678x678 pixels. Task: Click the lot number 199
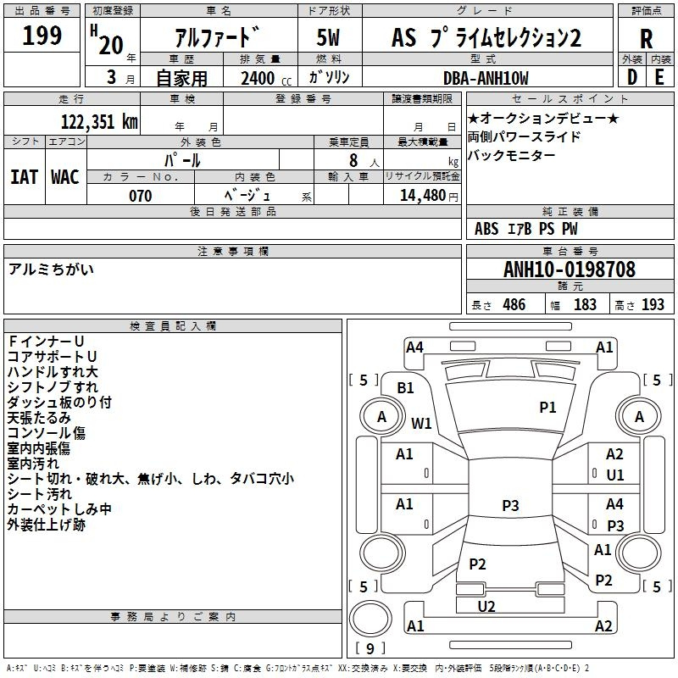pyautogui.click(x=42, y=35)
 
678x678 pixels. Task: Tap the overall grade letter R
pyautogui.click(x=646, y=39)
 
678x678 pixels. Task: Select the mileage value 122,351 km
pyautogui.click(x=99, y=121)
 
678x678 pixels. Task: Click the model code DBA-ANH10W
pyautogui.click(x=486, y=78)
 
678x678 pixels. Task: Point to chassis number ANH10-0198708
pyautogui.click(x=570, y=270)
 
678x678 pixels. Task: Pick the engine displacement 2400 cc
pyautogui.click(x=266, y=78)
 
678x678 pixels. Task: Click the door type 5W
pyautogui.click(x=328, y=37)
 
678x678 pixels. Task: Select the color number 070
pyautogui.click(x=140, y=196)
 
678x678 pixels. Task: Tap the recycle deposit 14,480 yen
pyautogui.click(x=429, y=196)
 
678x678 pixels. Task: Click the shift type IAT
pyautogui.click(x=24, y=177)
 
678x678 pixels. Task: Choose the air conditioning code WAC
pyautogui.click(x=65, y=177)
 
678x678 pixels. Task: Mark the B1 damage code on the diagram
pyautogui.click(x=405, y=388)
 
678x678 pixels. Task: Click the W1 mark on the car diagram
pyautogui.click(x=421, y=423)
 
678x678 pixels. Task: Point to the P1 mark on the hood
pyautogui.click(x=547, y=407)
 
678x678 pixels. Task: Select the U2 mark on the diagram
pyautogui.click(x=486, y=606)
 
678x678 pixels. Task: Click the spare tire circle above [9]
pyautogui.click(x=370, y=619)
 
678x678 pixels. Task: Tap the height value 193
pyautogui.click(x=653, y=305)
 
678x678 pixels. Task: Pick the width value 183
pyautogui.click(x=585, y=305)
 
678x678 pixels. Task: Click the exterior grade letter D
pyautogui.click(x=631, y=77)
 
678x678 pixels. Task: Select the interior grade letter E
pyautogui.click(x=659, y=77)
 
